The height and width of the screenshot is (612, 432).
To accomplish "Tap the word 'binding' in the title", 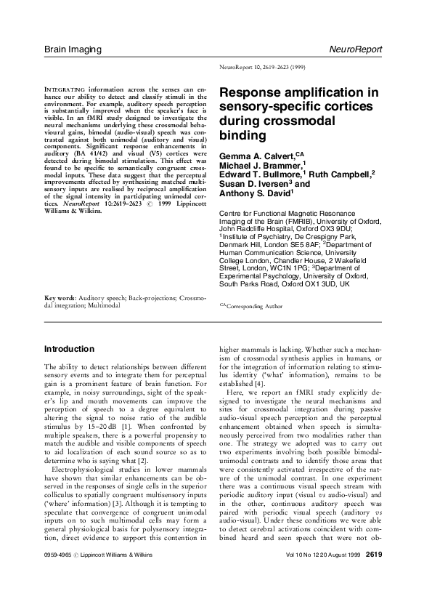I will pyautogui.click(x=238, y=135).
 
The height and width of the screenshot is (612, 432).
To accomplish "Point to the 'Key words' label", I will pyautogui.click(x=60, y=298).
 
